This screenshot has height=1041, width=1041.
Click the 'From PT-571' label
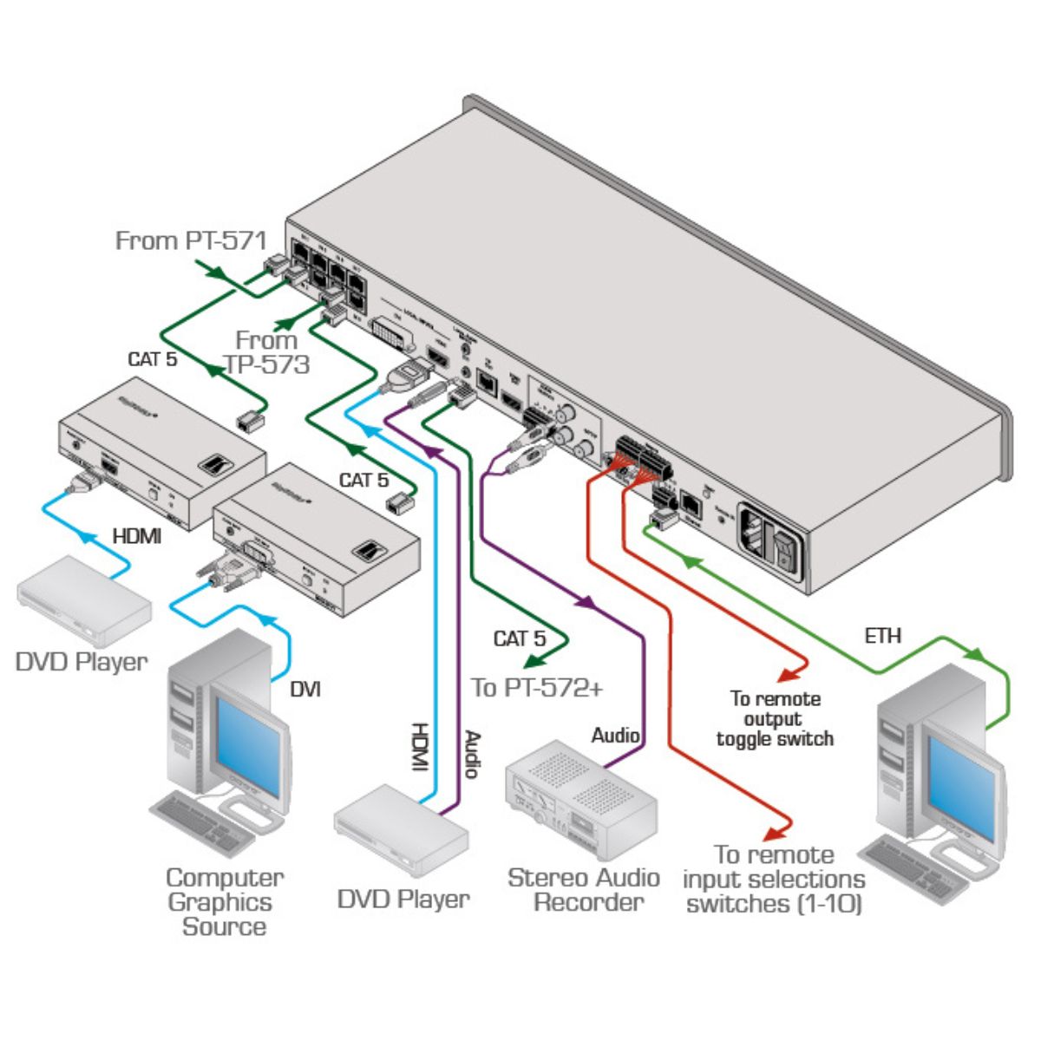pyautogui.click(x=191, y=239)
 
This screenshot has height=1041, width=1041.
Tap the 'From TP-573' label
pyautogui.click(x=266, y=352)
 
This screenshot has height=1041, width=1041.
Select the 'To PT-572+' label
pyautogui.click(x=537, y=688)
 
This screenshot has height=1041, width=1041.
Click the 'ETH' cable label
pyautogui.click(x=882, y=636)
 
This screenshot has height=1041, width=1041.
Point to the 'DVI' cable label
pyautogui.click(x=304, y=689)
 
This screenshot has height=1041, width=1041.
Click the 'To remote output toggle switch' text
pyautogui.click(x=774, y=718)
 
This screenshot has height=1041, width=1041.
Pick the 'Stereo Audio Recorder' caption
pyautogui.click(x=584, y=889)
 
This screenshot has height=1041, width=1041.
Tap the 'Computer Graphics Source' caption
pyautogui.click(x=224, y=901)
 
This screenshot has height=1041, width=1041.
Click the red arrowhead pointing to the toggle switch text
pyautogui.click(x=786, y=673)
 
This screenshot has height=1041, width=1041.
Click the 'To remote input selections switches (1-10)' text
pyautogui.click(x=774, y=880)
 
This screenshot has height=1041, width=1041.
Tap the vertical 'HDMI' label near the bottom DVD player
pyautogui.click(x=419, y=746)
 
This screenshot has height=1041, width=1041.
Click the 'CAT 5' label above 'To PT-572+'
pyautogui.click(x=519, y=639)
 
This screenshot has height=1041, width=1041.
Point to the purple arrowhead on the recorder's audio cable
pyautogui.click(x=588, y=601)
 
